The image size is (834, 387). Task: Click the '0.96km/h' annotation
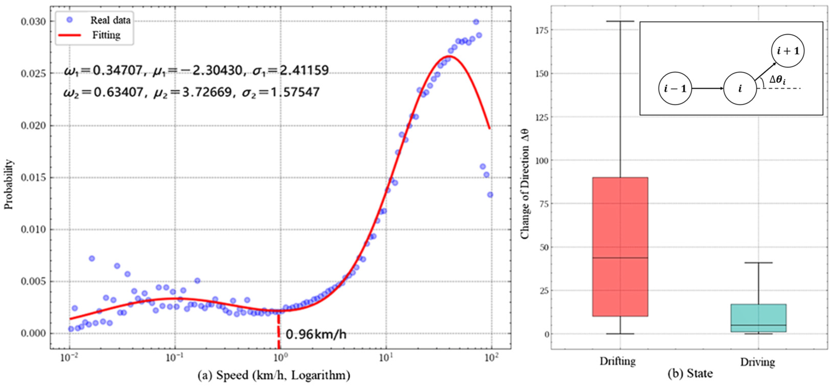(316, 334)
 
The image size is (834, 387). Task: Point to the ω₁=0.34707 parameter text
(103, 70)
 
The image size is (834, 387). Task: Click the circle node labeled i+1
(788, 51)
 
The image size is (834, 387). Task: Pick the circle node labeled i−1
(675, 88)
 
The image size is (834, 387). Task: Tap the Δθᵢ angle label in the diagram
(777, 80)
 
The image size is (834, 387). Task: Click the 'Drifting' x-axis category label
(617, 361)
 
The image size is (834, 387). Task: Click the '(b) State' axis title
(690, 374)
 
